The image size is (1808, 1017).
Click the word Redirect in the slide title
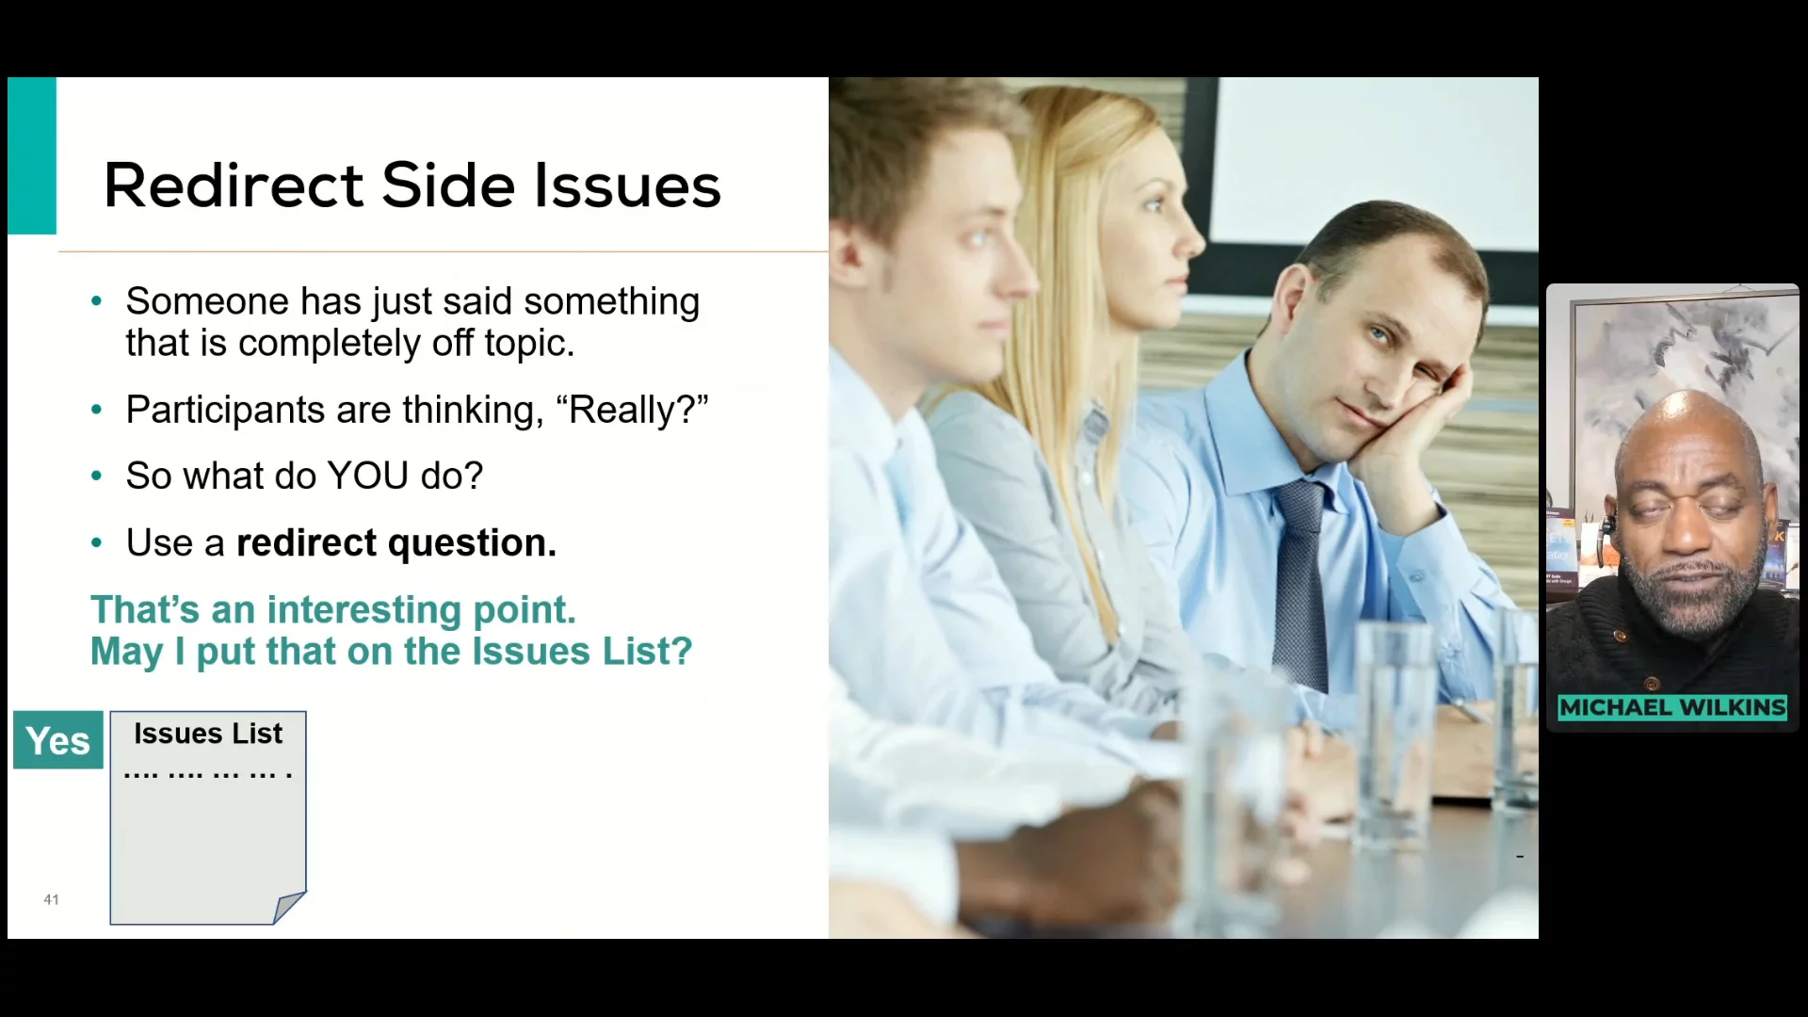click(x=234, y=185)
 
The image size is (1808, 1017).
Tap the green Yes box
click(x=58, y=740)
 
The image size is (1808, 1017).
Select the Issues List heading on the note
click(x=208, y=734)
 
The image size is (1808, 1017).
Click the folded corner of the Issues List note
click(x=290, y=907)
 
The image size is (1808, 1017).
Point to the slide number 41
click(x=51, y=899)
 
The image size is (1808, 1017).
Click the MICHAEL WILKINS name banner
click(x=1672, y=707)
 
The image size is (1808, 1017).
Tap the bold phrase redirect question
click(x=396, y=543)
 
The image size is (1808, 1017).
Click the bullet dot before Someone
click(x=96, y=302)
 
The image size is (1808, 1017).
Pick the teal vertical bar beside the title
click(x=32, y=155)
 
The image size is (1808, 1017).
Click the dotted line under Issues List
click(x=208, y=775)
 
